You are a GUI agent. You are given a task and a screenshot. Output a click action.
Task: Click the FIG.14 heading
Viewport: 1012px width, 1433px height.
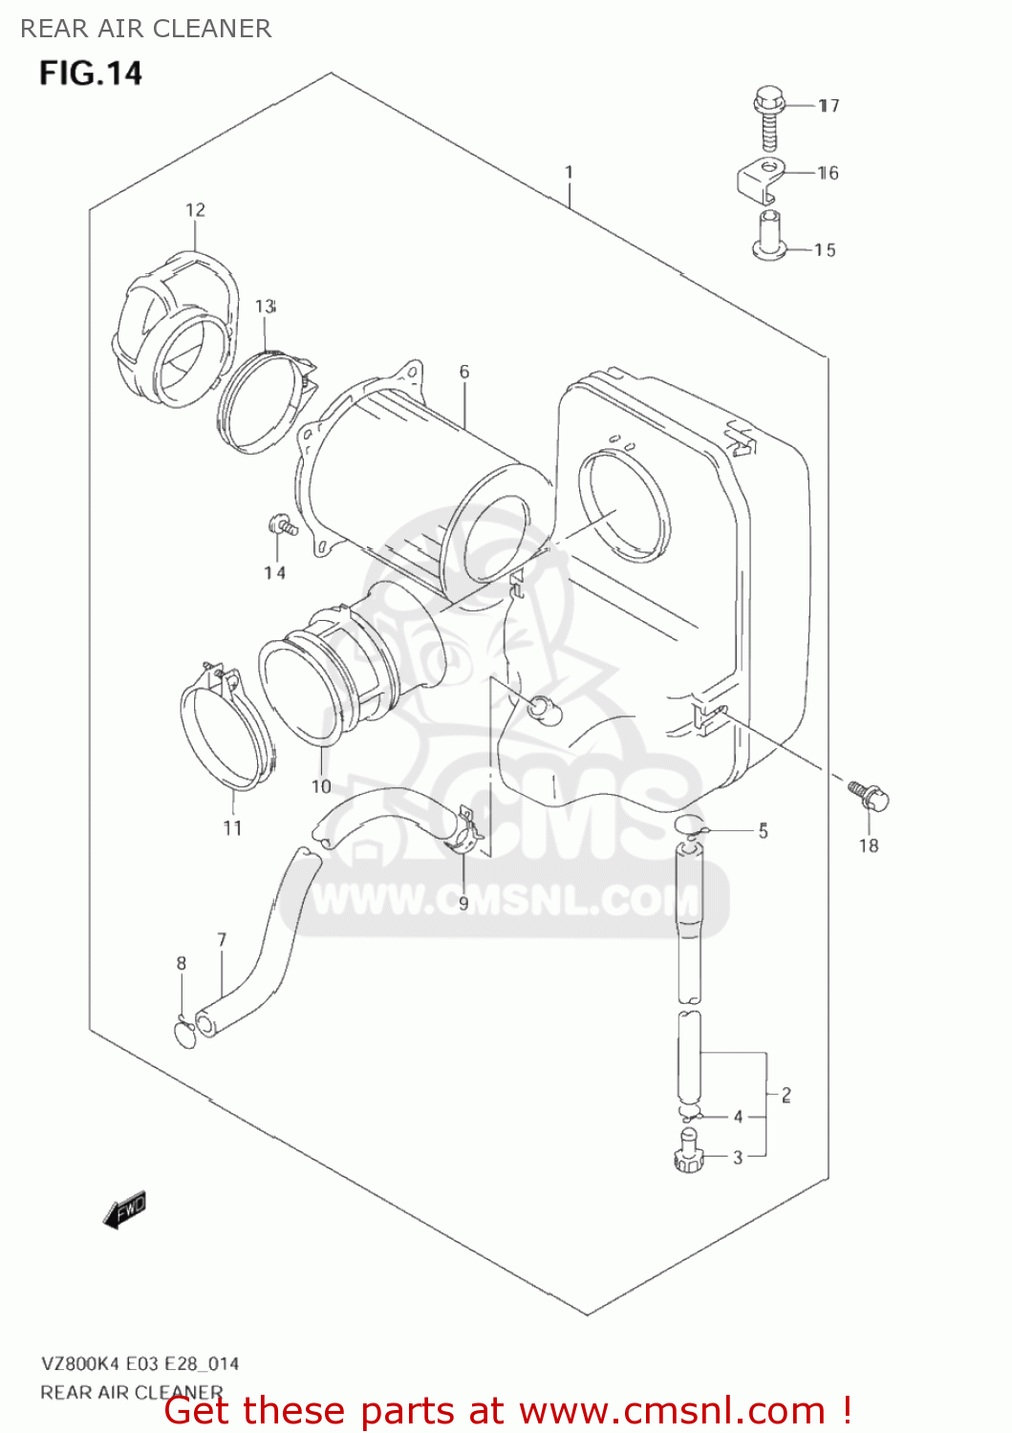tap(90, 74)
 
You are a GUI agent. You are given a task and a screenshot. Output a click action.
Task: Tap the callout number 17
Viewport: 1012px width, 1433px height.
tap(829, 105)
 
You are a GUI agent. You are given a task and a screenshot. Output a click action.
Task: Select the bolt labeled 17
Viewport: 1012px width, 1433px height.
tap(767, 118)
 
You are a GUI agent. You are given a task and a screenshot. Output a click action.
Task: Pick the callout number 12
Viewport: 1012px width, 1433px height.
tap(195, 210)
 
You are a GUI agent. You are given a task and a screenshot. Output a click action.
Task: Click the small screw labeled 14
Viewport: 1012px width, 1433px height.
tap(283, 525)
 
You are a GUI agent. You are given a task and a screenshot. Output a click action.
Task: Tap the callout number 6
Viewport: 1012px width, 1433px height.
tap(464, 372)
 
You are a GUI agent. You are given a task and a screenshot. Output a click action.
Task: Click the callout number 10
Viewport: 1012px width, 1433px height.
tap(321, 787)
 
